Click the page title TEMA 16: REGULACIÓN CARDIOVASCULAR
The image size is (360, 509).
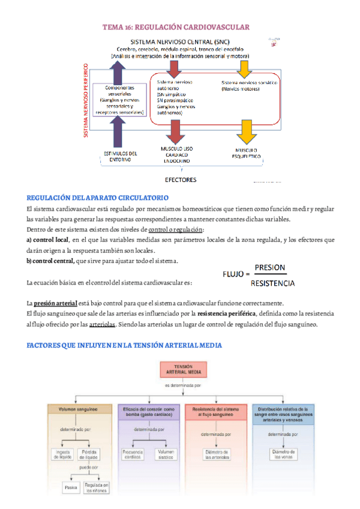point(175,28)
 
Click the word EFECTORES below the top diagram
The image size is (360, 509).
point(180,179)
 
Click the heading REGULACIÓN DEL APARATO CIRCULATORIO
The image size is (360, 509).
point(98,197)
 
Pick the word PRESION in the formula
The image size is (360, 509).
point(269,268)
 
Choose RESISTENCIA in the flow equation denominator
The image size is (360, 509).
point(272,283)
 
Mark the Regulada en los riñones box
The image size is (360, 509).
point(97,487)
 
